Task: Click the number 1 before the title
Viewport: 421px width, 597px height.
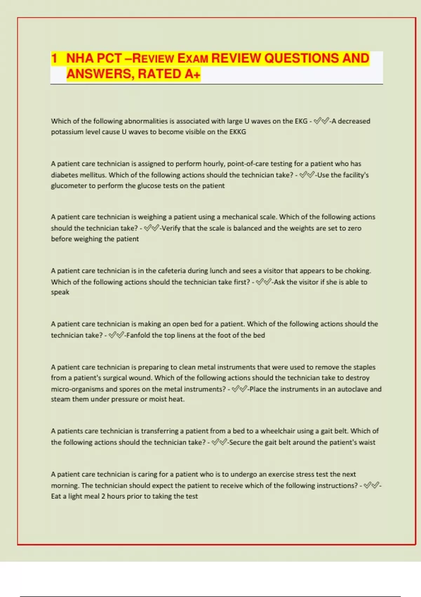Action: click(x=54, y=58)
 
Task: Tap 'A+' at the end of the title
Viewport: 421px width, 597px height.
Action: click(x=192, y=74)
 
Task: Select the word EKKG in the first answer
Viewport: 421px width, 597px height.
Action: click(x=238, y=132)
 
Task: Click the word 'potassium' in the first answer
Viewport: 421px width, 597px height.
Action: click(x=67, y=132)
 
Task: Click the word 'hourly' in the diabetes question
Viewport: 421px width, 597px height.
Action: click(x=214, y=164)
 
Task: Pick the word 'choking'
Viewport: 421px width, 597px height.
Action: click(x=357, y=271)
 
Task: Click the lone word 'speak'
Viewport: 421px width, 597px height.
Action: click(x=60, y=292)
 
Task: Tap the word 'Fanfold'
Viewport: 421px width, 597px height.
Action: click(x=139, y=335)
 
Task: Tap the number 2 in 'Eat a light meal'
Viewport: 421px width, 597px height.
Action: click(x=103, y=496)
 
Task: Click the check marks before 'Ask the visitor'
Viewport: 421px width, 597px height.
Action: click(x=263, y=282)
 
